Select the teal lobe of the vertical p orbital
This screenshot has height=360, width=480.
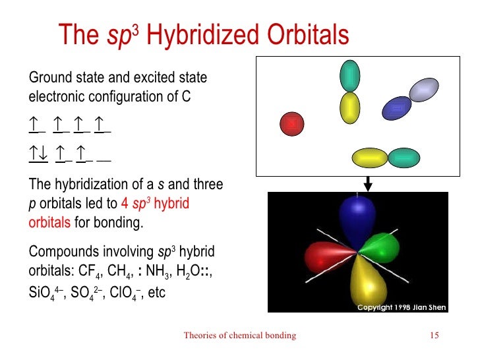coord(349,76)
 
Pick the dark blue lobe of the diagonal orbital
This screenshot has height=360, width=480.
coord(396,107)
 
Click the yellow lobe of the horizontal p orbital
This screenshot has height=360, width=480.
coord(370,158)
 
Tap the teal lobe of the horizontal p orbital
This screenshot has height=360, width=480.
coord(404,158)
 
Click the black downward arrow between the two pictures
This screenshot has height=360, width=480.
coord(367,183)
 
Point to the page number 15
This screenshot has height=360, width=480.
coord(434,336)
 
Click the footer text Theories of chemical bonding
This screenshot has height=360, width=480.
coord(240,336)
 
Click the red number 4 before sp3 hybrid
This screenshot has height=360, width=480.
coord(125,204)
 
